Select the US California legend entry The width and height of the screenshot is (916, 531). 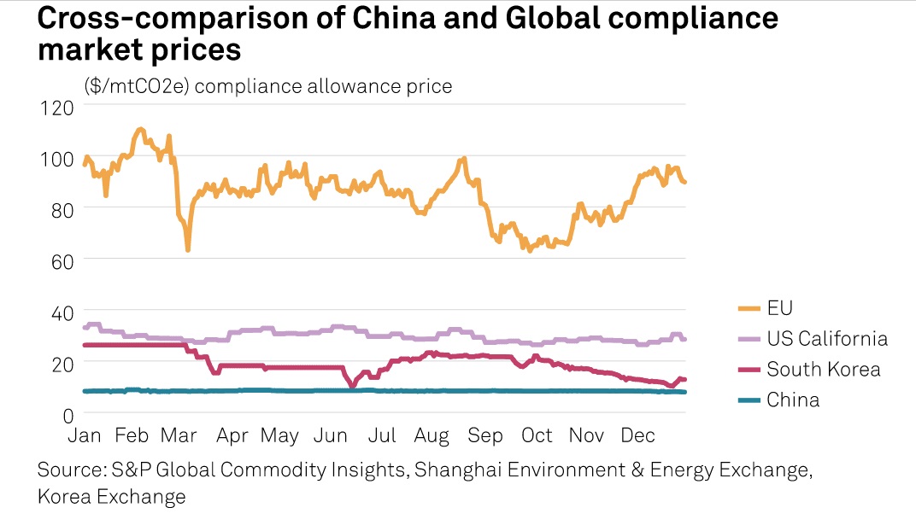coord(826,339)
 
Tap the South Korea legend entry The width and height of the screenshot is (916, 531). coord(823,370)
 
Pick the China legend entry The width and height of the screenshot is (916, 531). coord(793,400)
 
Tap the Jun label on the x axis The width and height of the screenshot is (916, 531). coord(330,435)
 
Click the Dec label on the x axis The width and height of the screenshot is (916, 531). coord(637,435)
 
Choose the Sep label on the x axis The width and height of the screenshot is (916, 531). coord(485,435)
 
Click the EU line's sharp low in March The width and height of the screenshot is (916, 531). coord(187,248)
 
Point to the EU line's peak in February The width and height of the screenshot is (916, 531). coord(140,130)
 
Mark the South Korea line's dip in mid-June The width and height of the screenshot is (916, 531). coord(352,386)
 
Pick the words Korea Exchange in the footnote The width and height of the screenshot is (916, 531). coord(111,496)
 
